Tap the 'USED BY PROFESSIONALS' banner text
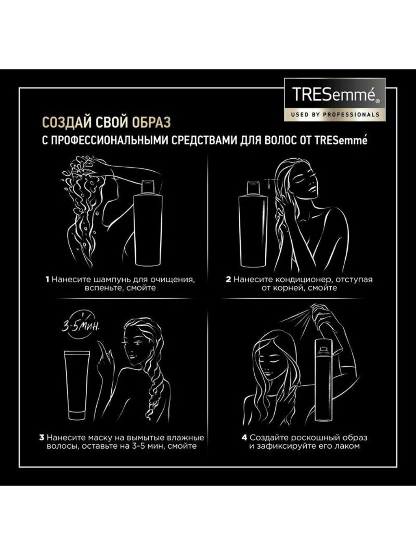tap(335, 114)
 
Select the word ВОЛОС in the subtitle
tap(280, 141)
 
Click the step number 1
tap(47, 280)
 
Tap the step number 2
tap(228, 280)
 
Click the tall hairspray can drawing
tap(323, 379)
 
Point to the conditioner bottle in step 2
tap(253, 224)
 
